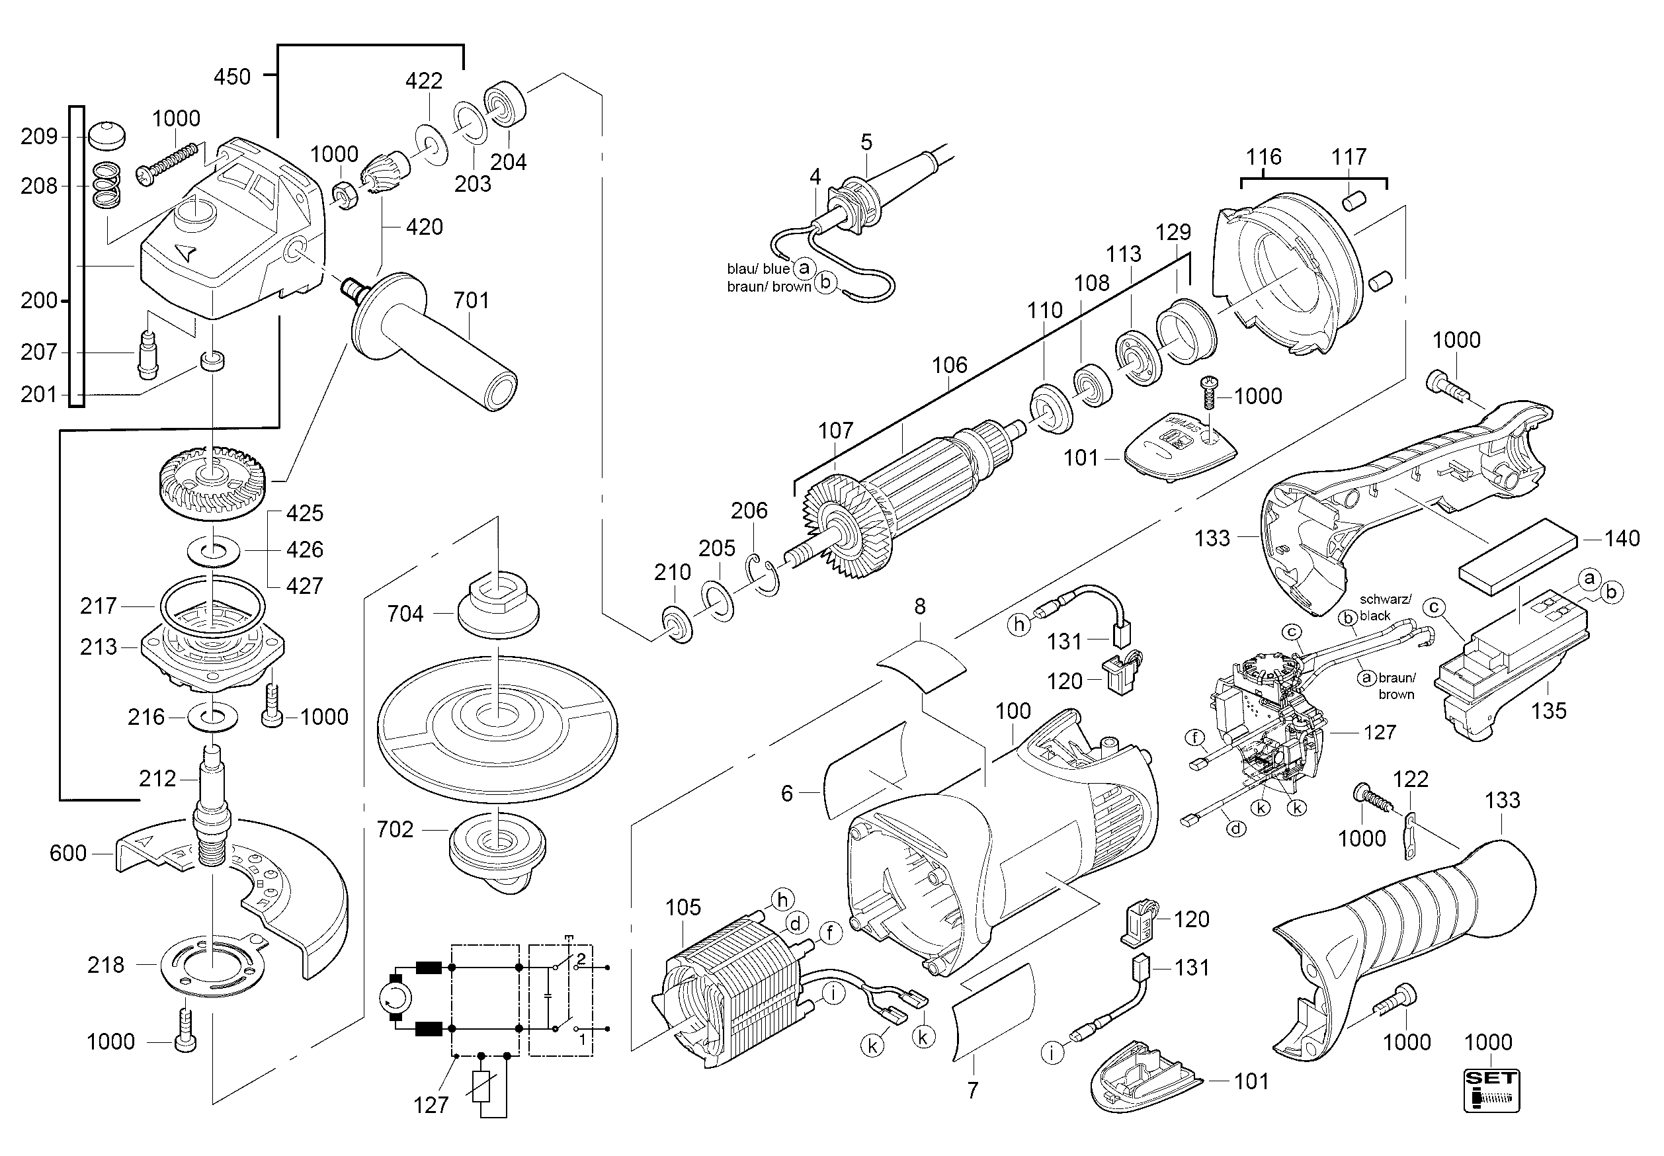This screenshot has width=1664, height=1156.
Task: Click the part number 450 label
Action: coord(232,76)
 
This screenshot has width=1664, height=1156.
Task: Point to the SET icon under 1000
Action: coord(1491,1090)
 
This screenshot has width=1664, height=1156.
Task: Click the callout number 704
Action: coord(405,614)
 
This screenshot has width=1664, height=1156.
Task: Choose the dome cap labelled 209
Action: coord(106,136)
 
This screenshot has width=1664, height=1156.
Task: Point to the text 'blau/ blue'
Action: coord(758,268)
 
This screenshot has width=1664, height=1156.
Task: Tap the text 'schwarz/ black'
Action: coord(1384,607)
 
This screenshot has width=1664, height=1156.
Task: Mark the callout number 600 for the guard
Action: coord(67,853)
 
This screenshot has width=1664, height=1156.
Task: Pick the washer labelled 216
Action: coord(212,717)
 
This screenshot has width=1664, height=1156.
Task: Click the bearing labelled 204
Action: coord(504,105)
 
